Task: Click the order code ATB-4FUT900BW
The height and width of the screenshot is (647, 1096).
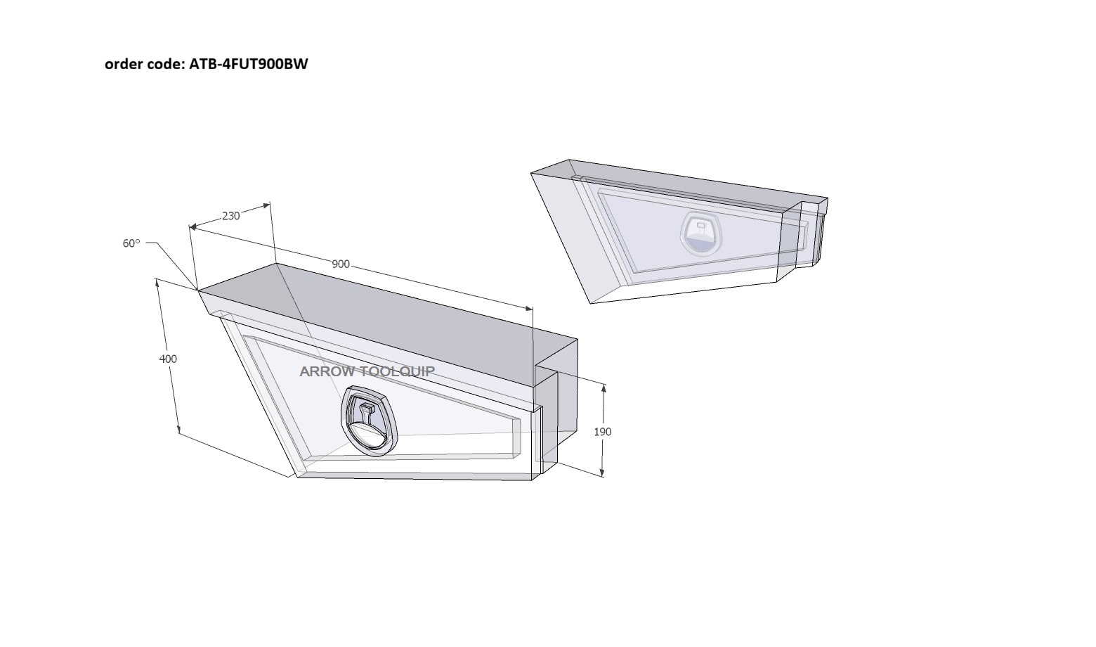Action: [x=249, y=64]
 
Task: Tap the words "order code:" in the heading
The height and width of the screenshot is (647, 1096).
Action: [x=145, y=64]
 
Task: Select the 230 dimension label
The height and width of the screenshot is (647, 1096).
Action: [x=231, y=216]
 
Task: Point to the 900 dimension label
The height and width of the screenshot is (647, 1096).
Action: [x=341, y=264]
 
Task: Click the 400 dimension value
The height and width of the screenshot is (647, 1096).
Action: [x=168, y=359]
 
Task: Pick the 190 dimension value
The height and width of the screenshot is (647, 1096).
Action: [x=603, y=432]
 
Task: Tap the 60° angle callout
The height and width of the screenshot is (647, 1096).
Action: [x=131, y=243]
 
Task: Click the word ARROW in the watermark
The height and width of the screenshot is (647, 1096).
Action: [x=327, y=372]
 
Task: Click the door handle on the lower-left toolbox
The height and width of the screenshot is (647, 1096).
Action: [x=370, y=421]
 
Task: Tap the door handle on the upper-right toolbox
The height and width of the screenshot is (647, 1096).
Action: [x=701, y=233]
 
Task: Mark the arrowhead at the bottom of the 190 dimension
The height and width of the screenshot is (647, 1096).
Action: [x=602, y=472]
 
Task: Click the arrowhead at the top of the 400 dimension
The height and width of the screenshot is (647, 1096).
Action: [x=157, y=283]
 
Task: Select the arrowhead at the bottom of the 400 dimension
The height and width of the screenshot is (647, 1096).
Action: [x=178, y=430]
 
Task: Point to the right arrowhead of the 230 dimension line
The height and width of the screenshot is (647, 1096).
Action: [x=266, y=205]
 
